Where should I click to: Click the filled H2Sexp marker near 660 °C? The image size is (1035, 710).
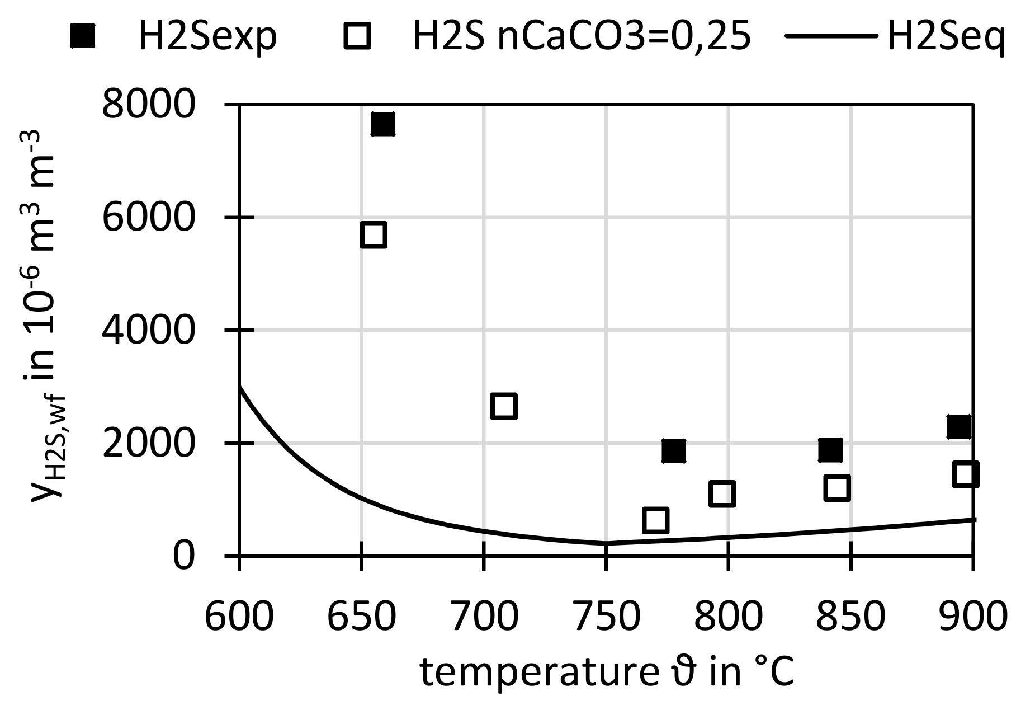[x=383, y=124]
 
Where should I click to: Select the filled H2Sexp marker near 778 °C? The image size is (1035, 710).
[x=673, y=450]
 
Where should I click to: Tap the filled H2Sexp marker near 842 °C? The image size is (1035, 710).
[x=830, y=450]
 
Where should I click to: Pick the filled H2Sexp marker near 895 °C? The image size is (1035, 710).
[x=959, y=427]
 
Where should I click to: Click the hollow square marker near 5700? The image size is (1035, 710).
[x=374, y=234]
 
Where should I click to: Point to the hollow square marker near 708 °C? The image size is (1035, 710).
[x=503, y=406]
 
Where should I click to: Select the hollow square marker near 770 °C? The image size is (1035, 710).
[x=655, y=520]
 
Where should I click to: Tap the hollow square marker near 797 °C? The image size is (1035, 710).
[x=721, y=493]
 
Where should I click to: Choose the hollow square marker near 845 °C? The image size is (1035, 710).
[x=836, y=488]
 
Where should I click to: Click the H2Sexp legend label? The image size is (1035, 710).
[x=207, y=37]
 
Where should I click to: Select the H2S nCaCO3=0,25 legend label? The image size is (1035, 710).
[x=581, y=37]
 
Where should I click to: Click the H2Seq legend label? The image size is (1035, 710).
[x=946, y=37]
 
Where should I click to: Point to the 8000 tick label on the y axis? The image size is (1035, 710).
[x=149, y=105]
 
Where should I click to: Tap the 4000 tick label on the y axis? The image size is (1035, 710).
[x=149, y=330]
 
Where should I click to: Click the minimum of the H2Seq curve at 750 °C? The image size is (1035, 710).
[x=606, y=543]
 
